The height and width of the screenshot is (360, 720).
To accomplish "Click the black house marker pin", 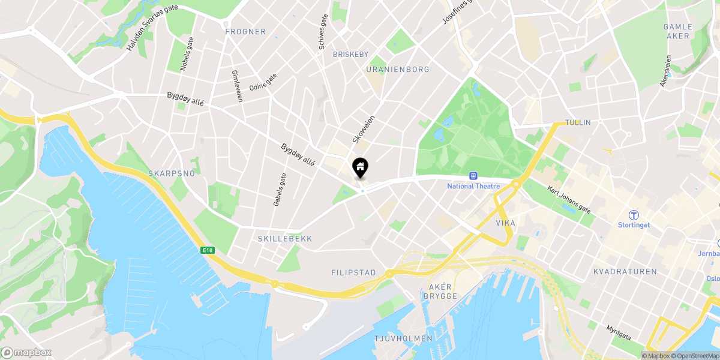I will (x=360, y=167).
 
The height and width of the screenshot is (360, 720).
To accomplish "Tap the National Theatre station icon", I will (x=473, y=176).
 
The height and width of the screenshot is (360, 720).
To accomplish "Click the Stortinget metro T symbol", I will (x=634, y=215).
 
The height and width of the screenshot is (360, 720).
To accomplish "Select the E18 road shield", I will (x=208, y=250).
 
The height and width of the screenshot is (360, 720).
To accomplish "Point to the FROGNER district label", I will (x=245, y=31).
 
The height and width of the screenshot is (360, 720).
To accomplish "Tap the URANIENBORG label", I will (x=397, y=70).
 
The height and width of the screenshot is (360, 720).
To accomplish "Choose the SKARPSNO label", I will (x=172, y=173).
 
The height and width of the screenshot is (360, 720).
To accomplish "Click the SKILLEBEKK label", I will (x=284, y=239).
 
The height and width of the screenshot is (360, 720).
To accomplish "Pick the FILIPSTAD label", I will (x=353, y=272).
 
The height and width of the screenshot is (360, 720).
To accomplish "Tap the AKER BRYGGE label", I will (x=440, y=292).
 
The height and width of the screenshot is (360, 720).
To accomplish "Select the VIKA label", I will (x=506, y=223).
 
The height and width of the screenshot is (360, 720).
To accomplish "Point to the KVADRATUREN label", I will (x=625, y=272).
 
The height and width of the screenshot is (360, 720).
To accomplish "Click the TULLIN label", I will (x=578, y=122).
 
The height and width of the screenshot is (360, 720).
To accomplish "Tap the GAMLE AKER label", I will (x=678, y=31).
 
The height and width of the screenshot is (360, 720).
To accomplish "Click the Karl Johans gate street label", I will (x=569, y=199).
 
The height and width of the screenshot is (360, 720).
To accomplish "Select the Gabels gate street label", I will (x=280, y=190).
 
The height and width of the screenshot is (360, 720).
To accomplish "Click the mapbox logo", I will (x=26, y=352).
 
